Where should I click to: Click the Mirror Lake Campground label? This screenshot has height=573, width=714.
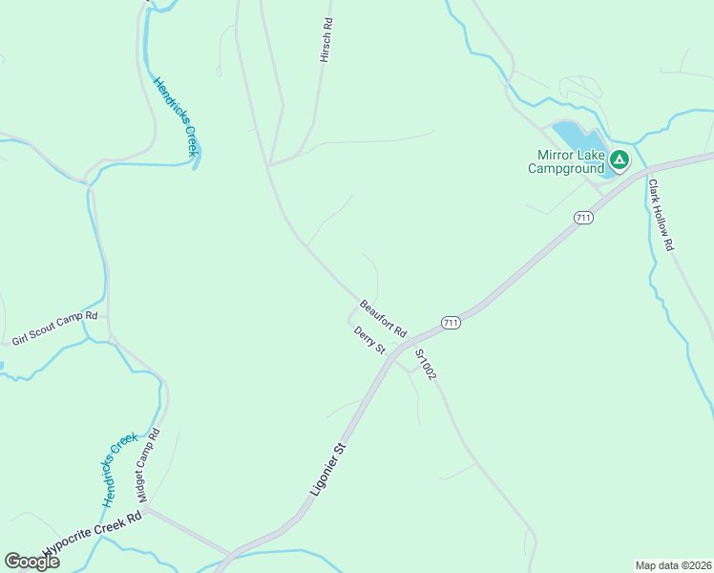pyautogui.click(x=566, y=162)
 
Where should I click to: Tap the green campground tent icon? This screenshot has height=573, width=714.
pyautogui.click(x=619, y=160)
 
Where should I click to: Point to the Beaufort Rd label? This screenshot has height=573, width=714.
pyautogui.click(x=383, y=319)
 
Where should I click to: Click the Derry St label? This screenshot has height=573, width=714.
pyautogui.click(x=368, y=340)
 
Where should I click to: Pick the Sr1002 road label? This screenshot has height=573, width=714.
pyautogui.click(x=426, y=365)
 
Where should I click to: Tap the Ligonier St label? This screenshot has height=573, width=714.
pyautogui.click(x=326, y=467)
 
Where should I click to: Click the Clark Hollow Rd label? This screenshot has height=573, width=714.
pyautogui.click(x=661, y=215)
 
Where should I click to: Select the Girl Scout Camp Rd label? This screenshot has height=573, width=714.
pyautogui.click(x=54, y=328)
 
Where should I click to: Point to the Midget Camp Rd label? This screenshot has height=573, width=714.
pyautogui.click(x=148, y=465)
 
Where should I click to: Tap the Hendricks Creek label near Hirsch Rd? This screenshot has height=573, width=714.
pyautogui.click(x=175, y=116)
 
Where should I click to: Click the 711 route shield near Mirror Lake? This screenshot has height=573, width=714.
pyautogui.click(x=584, y=219)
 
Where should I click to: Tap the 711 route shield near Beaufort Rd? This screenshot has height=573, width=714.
pyautogui.click(x=451, y=323)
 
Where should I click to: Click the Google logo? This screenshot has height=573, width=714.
pyautogui.click(x=31, y=562)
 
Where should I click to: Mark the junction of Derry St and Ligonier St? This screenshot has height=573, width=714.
pyautogui.click(x=390, y=358)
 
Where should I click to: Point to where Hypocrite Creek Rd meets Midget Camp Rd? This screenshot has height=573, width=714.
pyautogui.click(x=149, y=508)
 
